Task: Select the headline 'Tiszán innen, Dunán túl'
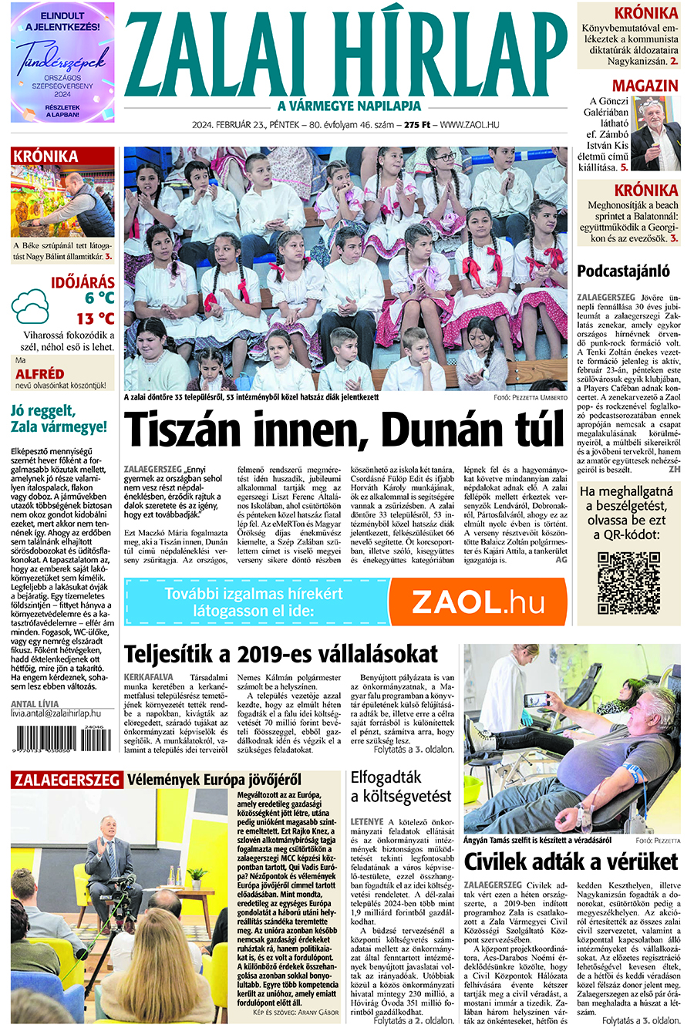point(345,430)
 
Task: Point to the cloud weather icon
point(31,306)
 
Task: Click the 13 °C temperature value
point(95,319)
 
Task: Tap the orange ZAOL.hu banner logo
point(477,602)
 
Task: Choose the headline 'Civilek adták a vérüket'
point(571,861)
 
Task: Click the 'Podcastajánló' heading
point(623,271)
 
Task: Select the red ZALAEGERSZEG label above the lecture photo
point(67,780)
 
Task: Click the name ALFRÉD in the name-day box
point(40,374)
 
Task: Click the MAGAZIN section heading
point(645,86)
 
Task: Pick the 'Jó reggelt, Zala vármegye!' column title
point(59,418)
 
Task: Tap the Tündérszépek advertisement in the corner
point(62,62)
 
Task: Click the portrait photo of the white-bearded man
point(655,133)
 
